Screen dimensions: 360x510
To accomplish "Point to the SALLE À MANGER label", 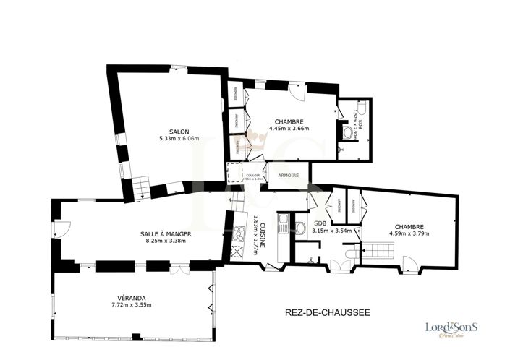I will point(166,234).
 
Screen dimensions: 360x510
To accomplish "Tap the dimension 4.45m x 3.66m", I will point(289,129).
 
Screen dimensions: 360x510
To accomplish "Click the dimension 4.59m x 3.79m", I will point(409,233).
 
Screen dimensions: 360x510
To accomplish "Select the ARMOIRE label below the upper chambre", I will point(289,173).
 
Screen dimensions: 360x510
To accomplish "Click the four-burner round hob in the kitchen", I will point(238,234).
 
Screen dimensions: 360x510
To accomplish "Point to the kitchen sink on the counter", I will point(284,221).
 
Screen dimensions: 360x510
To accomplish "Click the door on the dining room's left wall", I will point(62,231).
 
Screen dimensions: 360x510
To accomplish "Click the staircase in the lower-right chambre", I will point(379,251).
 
